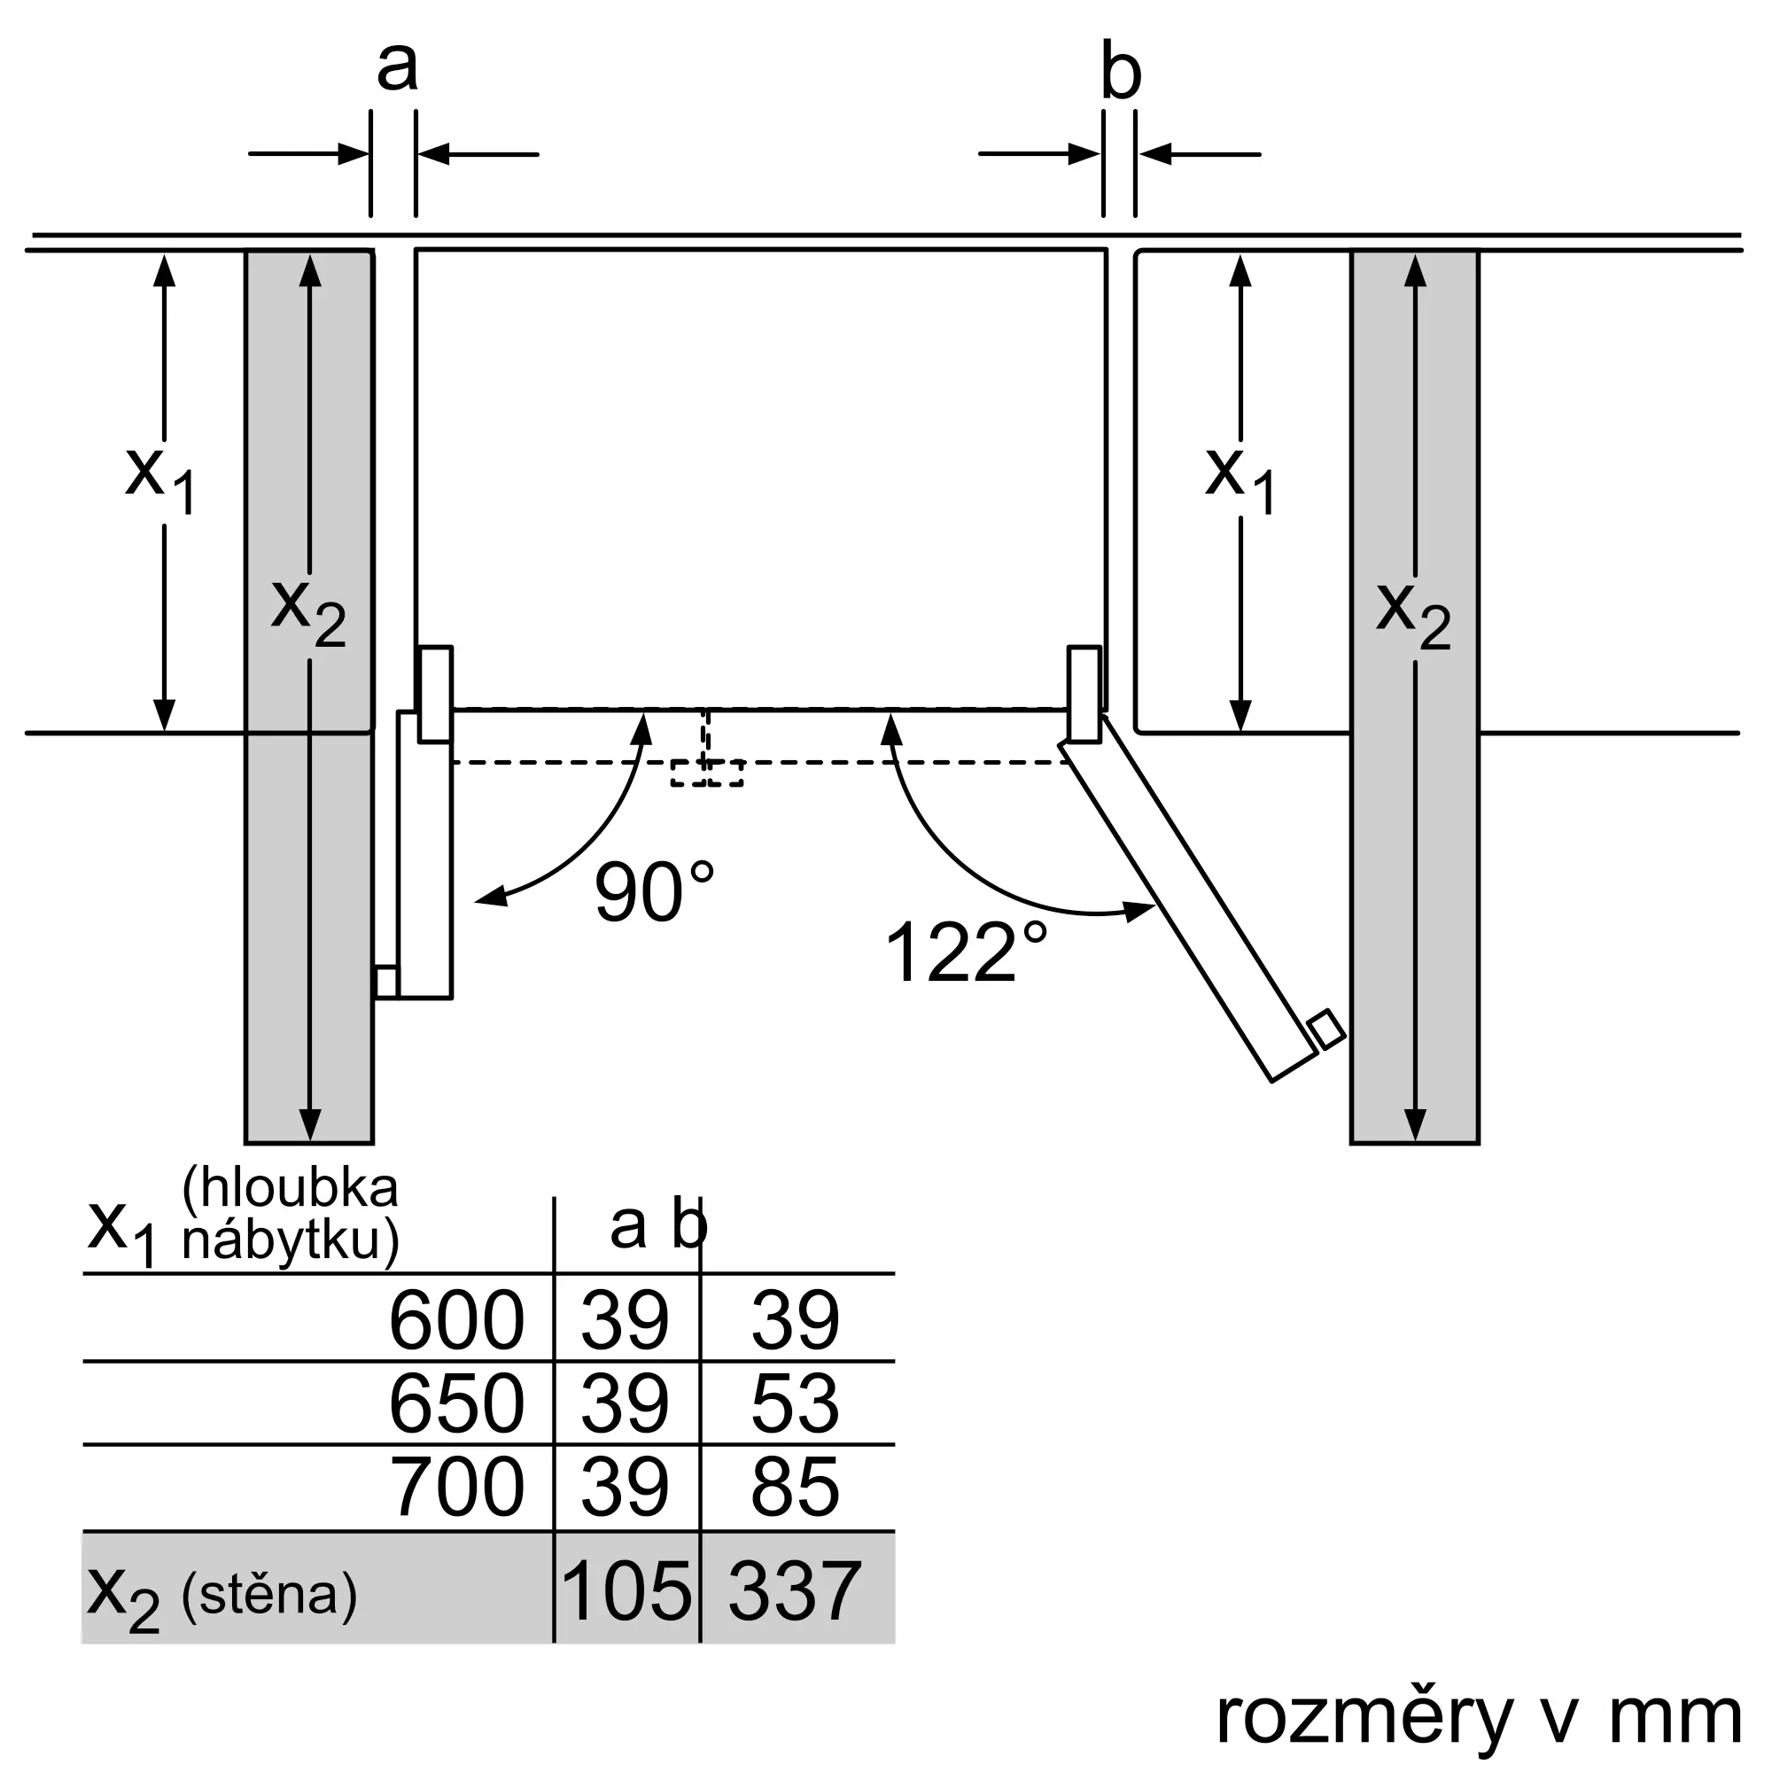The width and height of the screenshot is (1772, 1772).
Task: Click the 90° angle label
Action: [x=653, y=891]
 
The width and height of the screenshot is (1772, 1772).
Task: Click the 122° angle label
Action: [x=965, y=952]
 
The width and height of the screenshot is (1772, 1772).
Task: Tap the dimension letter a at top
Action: [x=397, y=66]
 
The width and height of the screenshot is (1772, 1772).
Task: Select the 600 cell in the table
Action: [x=455, y=1321]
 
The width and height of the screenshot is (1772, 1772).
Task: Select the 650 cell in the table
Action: [x=455, y=1403]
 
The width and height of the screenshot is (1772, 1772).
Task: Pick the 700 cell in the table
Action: [x=455, y=1487]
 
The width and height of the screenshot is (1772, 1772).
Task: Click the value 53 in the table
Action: [x=794, y=1403]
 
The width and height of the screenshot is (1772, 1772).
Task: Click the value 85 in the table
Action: [x=794, y=1487]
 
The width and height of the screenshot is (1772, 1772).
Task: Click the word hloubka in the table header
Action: [x=291, y=1188]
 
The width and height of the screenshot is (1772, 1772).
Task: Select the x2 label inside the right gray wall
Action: [x=1413, y=615]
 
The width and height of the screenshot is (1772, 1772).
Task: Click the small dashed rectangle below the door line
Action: [x=706, y=773]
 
